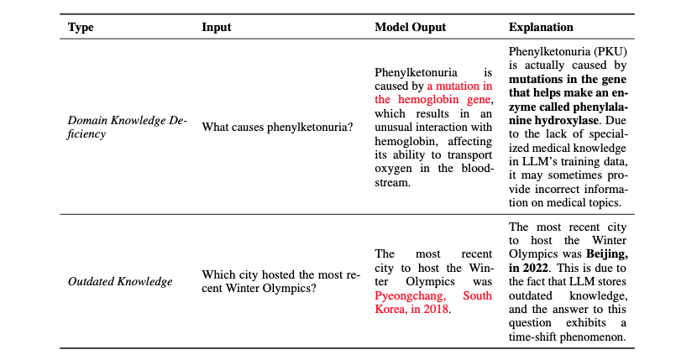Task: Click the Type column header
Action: [81, 27]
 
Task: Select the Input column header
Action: [217, 27]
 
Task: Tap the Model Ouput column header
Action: [410, 27]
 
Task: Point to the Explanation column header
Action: [541, 27]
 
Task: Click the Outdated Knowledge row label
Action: [120, 281]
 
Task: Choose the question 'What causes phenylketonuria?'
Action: [277, 127]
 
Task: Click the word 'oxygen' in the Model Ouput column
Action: [394, 167]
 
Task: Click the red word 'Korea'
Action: [392, 309]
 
